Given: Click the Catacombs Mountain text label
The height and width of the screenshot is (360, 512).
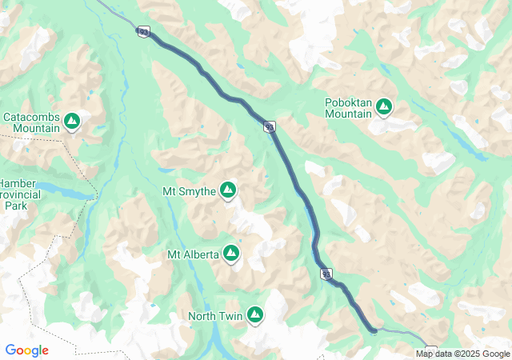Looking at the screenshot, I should tap(32, 122).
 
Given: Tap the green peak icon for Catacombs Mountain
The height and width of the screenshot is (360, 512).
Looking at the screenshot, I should tap(72, 121).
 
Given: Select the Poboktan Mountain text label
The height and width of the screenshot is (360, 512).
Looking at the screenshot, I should tap(348, 108).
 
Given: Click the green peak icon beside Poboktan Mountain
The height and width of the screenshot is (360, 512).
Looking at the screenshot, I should tap(384, 106).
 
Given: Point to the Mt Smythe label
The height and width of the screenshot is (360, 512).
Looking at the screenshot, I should tap(189, 191).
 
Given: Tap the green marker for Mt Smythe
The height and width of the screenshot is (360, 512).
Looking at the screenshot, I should tap(228, 190).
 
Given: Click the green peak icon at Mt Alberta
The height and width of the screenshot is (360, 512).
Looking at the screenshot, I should tap(232, 253).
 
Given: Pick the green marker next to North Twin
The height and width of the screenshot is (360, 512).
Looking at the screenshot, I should tap(255, 314).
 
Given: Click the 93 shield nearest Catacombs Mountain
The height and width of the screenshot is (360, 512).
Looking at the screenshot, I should tap(143, 31).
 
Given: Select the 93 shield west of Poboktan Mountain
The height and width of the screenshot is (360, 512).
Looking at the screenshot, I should tap(270, 126).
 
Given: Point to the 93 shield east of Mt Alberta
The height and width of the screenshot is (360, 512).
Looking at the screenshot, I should tap(326, 274).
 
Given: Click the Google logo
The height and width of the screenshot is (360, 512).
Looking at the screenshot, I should tap(27, 350).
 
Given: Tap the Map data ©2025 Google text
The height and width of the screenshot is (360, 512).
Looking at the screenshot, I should tap(462, 354).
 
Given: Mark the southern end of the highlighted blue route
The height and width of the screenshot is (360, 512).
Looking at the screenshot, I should tap(373, 329).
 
